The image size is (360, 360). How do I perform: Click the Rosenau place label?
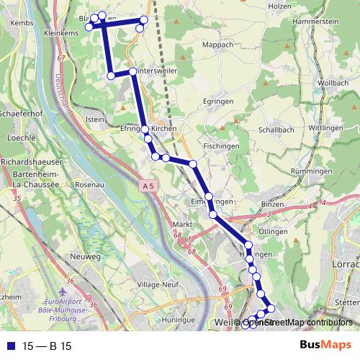91,185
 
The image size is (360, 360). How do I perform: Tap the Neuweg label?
86,256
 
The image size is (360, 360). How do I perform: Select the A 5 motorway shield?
148,186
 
